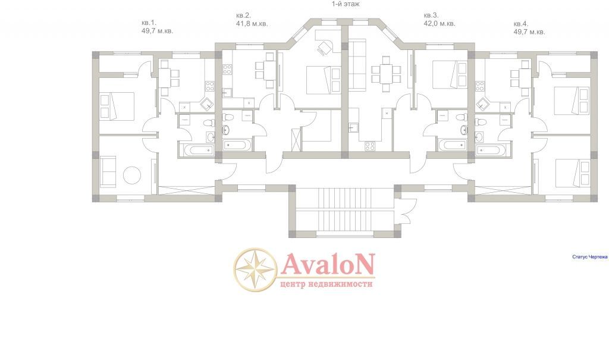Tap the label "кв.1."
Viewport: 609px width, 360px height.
tap(149, 23)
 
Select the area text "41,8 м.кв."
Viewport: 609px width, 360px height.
tap(252, 24)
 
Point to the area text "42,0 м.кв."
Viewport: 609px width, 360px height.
tap(440, 23)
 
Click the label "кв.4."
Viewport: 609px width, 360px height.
tap(521, 24)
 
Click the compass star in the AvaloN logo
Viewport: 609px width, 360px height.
tap(255, 269)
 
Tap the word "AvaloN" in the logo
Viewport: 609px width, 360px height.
tap(328, 264)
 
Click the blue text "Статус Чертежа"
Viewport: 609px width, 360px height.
tap(589, 257)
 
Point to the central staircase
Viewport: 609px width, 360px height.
tap(344, 211)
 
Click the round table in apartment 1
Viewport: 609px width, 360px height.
tap(132, 176)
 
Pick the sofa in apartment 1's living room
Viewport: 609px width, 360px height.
tap(108, 171)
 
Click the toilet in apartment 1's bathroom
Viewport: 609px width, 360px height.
tap(208, 123)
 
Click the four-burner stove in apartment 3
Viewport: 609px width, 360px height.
tap(370, 146)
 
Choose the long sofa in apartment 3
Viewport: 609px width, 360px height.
tap(357, 64)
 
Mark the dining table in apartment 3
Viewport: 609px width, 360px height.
tap(385, 74)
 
